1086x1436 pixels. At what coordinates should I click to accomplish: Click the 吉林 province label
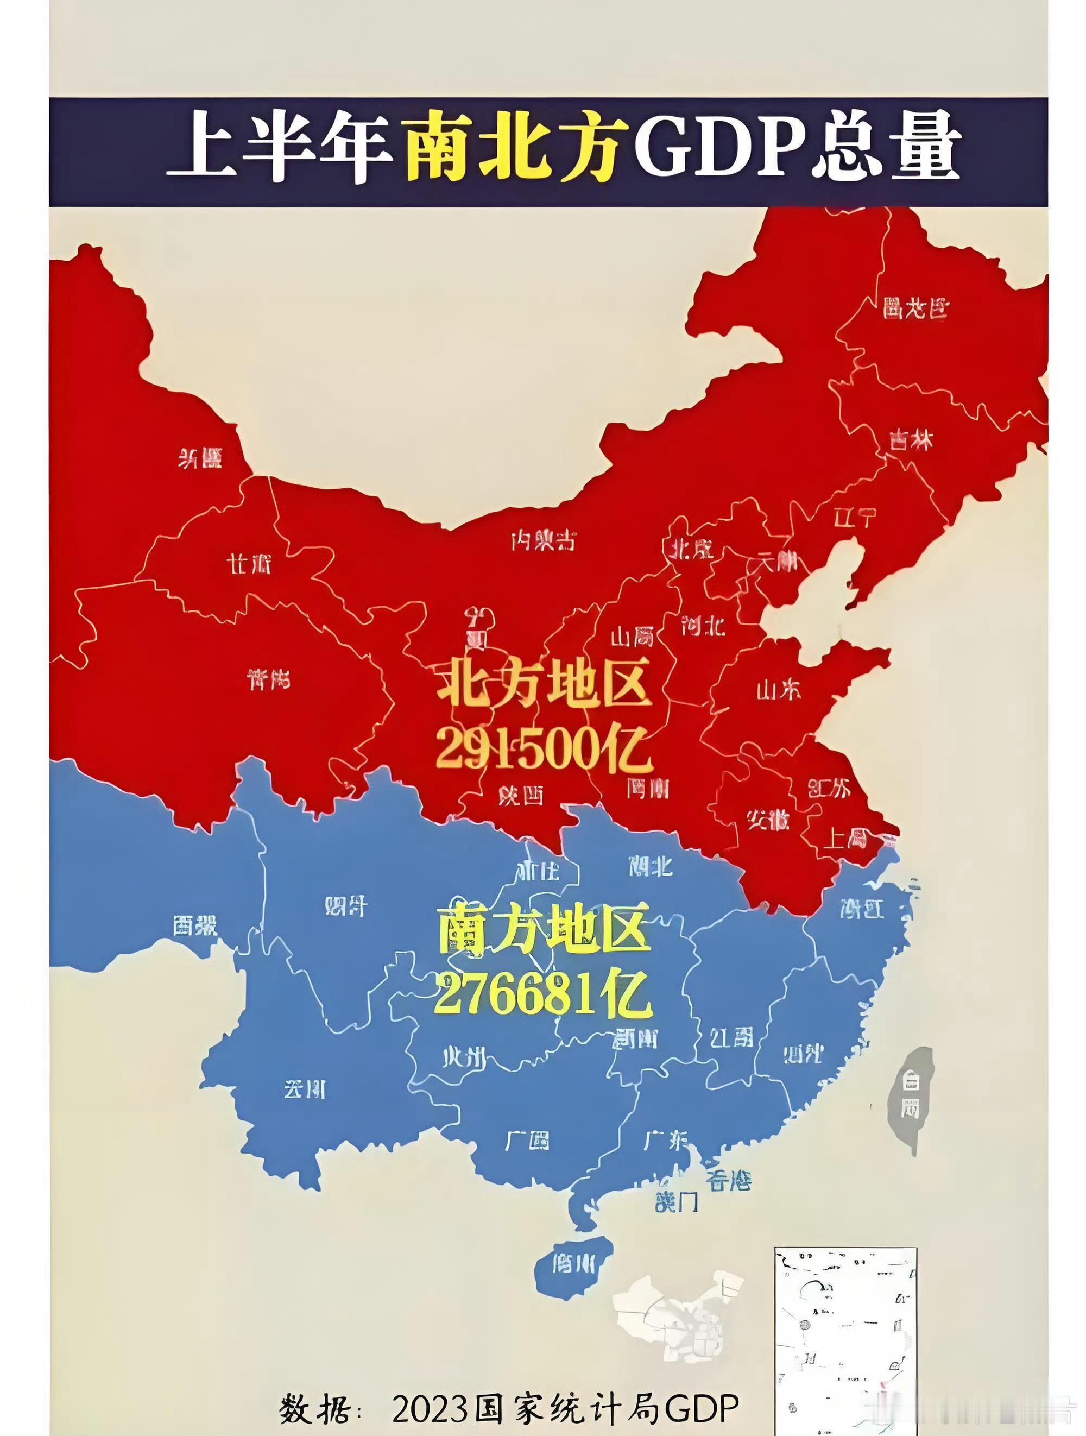(911, 441)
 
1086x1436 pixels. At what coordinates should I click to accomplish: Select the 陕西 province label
(521, 796)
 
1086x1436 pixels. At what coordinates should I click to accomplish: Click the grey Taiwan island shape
(910, 1097)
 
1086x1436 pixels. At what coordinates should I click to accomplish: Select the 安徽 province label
(768, 820)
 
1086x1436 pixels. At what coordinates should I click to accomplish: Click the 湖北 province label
(651, 865)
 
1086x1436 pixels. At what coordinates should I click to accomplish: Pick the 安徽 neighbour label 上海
(844, 840)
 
